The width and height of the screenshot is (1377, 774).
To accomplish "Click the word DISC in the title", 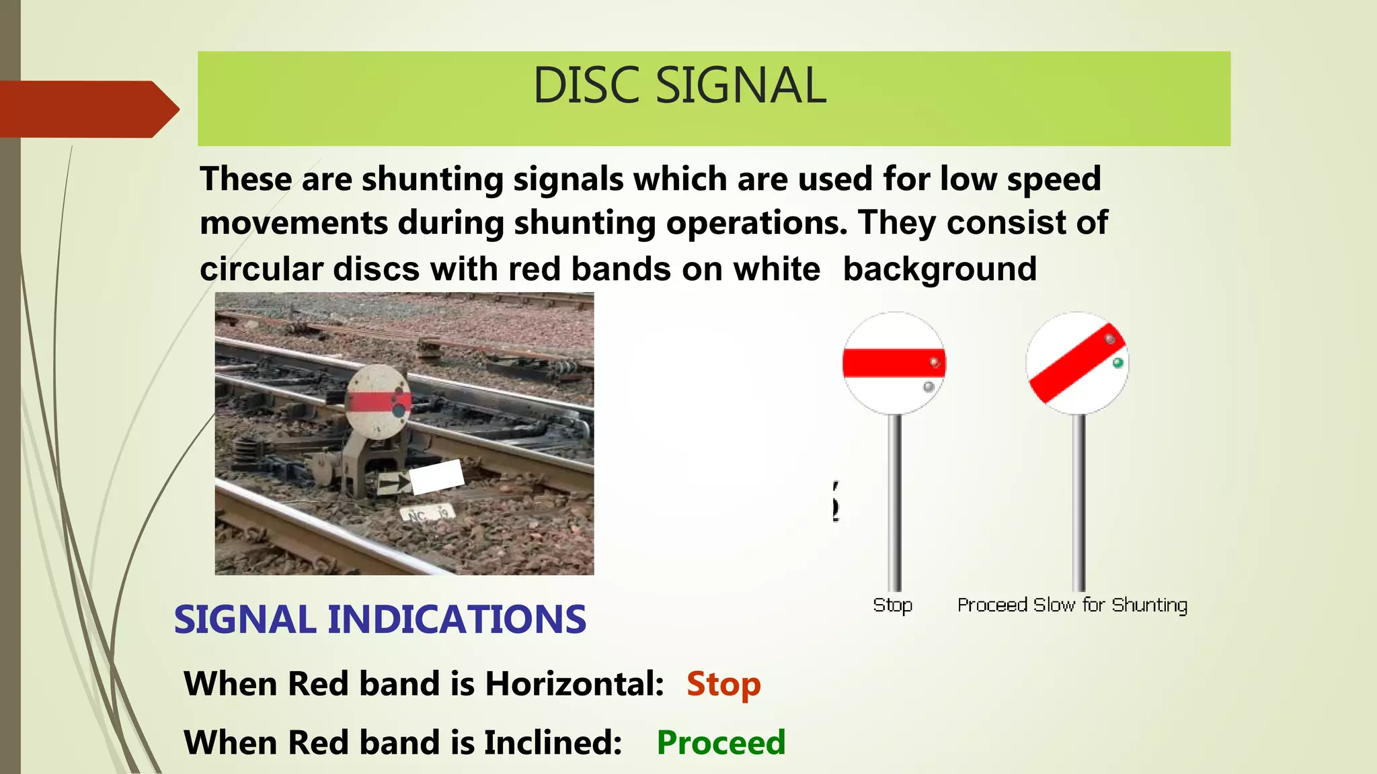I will click(x=585, y=86).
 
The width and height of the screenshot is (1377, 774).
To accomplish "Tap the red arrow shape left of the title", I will click(x=87, y=109).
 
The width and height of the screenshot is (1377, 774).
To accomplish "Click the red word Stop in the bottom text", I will click(x=723, y=684).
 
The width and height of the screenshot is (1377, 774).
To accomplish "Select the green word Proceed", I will click(x=721, y=742).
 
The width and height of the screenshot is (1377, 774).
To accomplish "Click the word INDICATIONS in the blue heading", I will click(x=457, y=619).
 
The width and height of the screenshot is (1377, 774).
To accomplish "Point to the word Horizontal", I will click(x=575, y=684).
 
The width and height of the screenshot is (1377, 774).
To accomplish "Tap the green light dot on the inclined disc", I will click(x=1118, y=363).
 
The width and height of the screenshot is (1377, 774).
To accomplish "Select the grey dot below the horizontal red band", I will click(x=929, y=387).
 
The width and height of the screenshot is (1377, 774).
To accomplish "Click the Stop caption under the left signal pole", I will click(x=892, y=605).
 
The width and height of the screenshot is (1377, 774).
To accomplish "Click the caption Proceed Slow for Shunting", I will click(x=1072, y=605).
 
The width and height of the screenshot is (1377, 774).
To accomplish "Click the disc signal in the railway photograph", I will click(x=378, y=402).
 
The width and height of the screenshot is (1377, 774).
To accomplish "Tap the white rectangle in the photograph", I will click(x=437, y=476).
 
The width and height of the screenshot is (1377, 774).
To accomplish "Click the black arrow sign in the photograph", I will click(x=394, y=482).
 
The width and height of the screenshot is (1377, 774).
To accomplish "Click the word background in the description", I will click(x=939, y=269).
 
